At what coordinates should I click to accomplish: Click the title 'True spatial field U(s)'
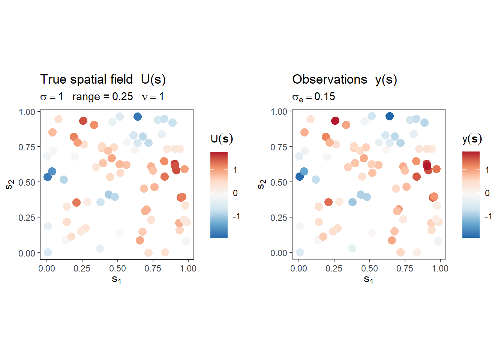(103, 79)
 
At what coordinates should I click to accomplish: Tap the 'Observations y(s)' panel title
(344, 79)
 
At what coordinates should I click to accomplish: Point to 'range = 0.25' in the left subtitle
(102, 97)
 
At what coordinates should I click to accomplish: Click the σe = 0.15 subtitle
(313, 97)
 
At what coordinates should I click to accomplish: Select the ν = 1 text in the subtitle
(153, 97)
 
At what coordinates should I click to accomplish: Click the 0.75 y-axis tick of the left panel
(27, 147)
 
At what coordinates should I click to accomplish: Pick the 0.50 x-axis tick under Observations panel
(369, 268)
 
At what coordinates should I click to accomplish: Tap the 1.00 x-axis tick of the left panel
(188, 268)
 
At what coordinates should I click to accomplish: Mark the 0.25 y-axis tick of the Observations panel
(279, 218)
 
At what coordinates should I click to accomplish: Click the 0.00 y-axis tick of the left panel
(27, 253)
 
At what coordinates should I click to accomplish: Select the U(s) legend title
(222, 139)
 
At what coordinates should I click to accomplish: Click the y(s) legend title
(472, 139)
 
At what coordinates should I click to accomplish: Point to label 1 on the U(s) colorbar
(235, 170)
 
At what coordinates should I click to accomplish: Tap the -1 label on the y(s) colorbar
(488, 216)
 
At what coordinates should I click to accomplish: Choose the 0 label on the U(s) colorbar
(235, 193)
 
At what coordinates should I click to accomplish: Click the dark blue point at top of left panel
(138, 117)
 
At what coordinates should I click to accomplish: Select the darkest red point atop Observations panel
(335, 121)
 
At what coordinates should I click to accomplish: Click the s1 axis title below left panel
(117, 279)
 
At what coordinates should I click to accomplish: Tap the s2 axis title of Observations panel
(262, 184)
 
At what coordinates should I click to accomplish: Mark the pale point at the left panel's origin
(48, 252)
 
